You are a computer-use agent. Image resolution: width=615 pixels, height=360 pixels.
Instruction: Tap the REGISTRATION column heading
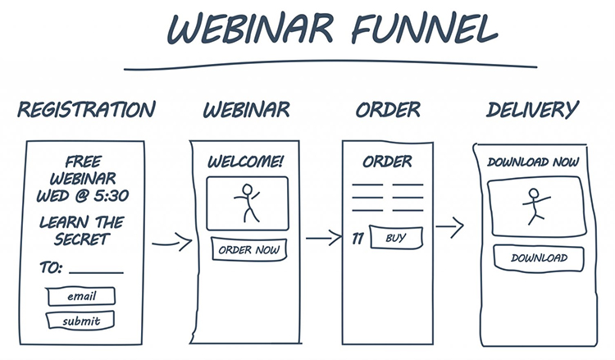[x=86, y=109]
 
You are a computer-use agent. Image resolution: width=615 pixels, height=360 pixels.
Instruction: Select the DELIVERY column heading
[x=532, y=109]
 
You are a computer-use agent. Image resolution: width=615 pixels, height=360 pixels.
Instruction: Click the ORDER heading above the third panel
[x=388, y=109]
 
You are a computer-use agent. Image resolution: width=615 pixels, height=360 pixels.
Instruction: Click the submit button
[x=80, y=321]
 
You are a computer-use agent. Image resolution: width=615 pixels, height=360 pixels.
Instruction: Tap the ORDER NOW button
[x=249, y=250]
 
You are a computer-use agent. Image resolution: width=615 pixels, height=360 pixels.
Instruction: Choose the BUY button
[x=395, y=239]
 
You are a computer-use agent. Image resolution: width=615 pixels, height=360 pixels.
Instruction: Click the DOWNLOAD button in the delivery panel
[x=539, y=258]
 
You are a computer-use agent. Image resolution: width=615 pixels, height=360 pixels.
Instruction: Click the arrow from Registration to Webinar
[x=172, y=242]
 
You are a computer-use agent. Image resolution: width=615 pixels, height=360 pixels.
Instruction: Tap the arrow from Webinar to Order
[x=323, y=239]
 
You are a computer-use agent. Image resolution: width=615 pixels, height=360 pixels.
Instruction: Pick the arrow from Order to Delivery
[x=450, y=225]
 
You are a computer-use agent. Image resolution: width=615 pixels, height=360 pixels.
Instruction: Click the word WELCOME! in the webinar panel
[x=245, y=162]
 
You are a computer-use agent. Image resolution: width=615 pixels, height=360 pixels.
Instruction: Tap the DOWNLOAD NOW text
[x=534, y=162]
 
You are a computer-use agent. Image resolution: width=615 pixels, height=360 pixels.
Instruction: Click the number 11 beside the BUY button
[x=358, y=239]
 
